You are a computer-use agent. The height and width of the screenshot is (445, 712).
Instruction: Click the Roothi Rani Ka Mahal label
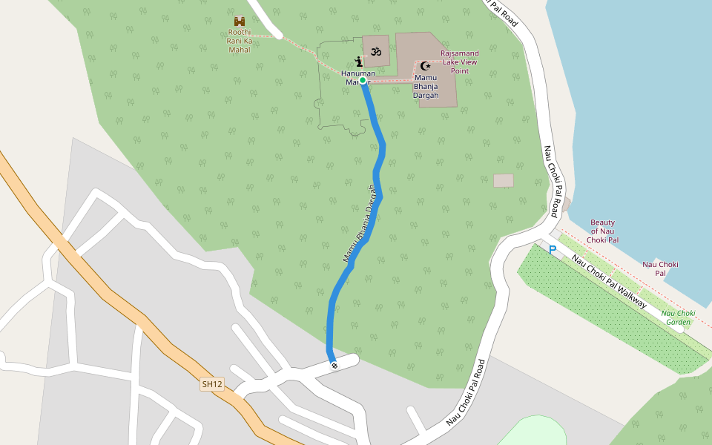click(x=240, y=41)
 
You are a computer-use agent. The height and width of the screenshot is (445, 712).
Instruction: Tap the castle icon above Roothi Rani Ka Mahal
click(x=240, y=22)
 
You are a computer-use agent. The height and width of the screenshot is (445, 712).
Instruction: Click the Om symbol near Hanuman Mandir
click(x=376, y=51)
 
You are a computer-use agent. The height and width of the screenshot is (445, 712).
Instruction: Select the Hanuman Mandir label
click(x=358, y=77)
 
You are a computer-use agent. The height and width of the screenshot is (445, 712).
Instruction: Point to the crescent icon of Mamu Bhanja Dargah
click(x=426, y=66)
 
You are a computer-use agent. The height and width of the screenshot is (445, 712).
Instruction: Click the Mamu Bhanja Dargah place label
click(x=426, y=87)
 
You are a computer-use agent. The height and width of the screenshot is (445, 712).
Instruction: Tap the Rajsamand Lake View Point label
click(x=460, y=62)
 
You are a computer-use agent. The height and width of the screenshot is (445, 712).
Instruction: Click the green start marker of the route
click(x=363, y=82)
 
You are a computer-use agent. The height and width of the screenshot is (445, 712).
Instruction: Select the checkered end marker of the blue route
click(x=334, y=365)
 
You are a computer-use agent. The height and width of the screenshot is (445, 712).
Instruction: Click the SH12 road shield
click(x=212, y=384)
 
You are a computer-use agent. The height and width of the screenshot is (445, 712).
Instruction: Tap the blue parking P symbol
click(x=553, y=251)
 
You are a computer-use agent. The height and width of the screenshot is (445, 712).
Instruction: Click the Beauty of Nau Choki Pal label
click(x=603, y=231)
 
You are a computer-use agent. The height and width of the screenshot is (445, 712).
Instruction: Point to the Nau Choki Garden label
click(x=678, y=317)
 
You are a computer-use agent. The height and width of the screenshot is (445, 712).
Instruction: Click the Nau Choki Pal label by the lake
click(x=660, y=268)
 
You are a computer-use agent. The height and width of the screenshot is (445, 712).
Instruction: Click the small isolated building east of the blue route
click(x=504, y=181)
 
